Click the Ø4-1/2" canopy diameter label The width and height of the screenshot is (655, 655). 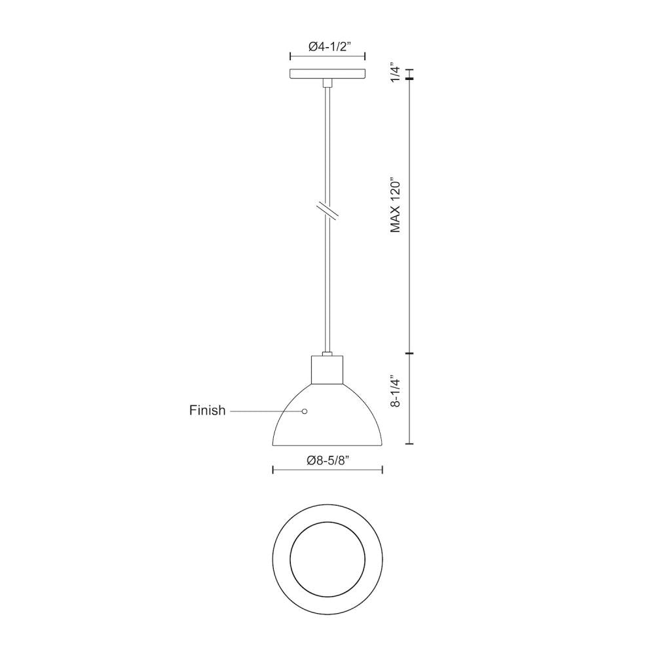coord(327,47)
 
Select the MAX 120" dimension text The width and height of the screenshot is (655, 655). coord(395,205)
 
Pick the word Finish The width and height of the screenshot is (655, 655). coord(207,411)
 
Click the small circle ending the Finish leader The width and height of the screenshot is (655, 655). coord(305,411)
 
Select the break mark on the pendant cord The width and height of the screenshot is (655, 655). coord(327,211)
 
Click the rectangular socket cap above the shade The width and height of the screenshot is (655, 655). coord(327,370)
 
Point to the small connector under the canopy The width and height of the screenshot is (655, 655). coord(327,83)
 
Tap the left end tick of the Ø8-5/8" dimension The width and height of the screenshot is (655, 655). coord(272,469)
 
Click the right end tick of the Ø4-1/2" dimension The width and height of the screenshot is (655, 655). coord(365,57)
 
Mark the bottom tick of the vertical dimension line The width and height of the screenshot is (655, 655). coord(410,443)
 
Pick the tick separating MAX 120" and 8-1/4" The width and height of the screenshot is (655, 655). coord(410,354)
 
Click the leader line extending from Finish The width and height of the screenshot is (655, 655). coord(265,411)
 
